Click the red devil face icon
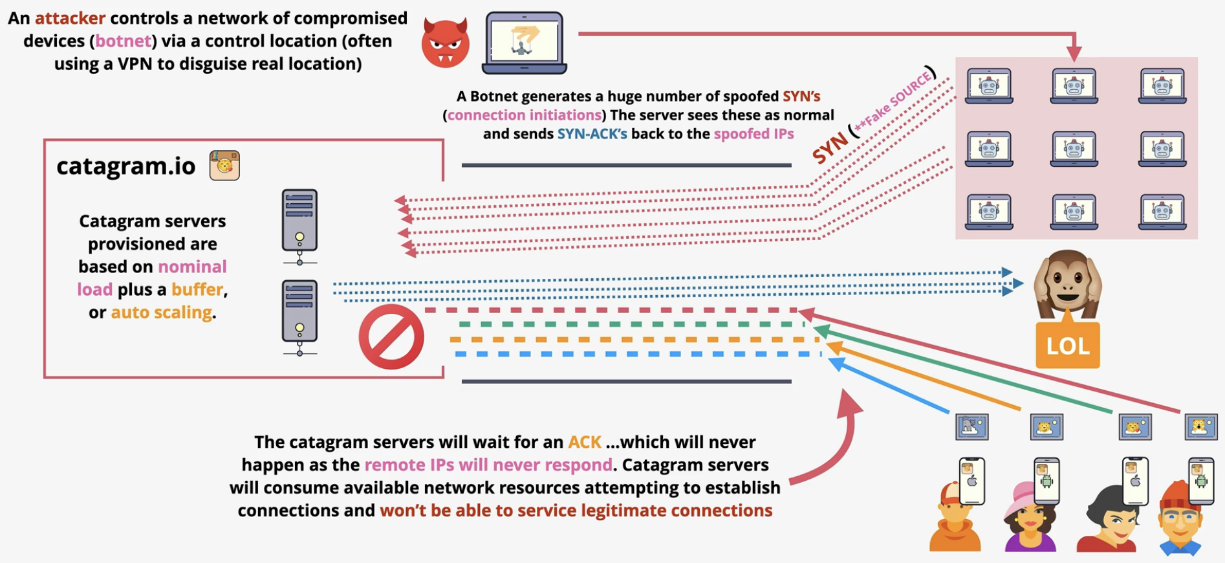pyautogui.click(x=445, y=43)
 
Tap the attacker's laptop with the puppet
pyautogui.click(x=525, y=43)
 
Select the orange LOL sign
pyautogui.click(x=1067, y=345)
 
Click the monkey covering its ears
pyautogui.click(x=1067, y=283)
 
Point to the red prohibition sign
pyautogui.click(x=391, y=337)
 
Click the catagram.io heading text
pyautogui.click(x=126, y=166)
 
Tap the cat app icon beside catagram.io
pyautogui.click(x=224, y=165)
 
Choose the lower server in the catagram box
pyautogui.click(x=299, y=318)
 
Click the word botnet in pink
pyautogui.click(x=123, y=41)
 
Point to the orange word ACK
pyautogui.click(x=585, y=442)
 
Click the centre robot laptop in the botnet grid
pyautogui.click(x=1074, y=149)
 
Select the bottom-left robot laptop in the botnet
pyautogui.click(x=989, y=212)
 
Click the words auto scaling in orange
pyautogui.click(x=162, y=313)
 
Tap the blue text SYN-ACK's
pyautogui.click(x=592, y=134)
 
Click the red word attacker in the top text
pyautogui.click(x=70, y=18)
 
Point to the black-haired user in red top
pyautogui.click(x=1107, y=518)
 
